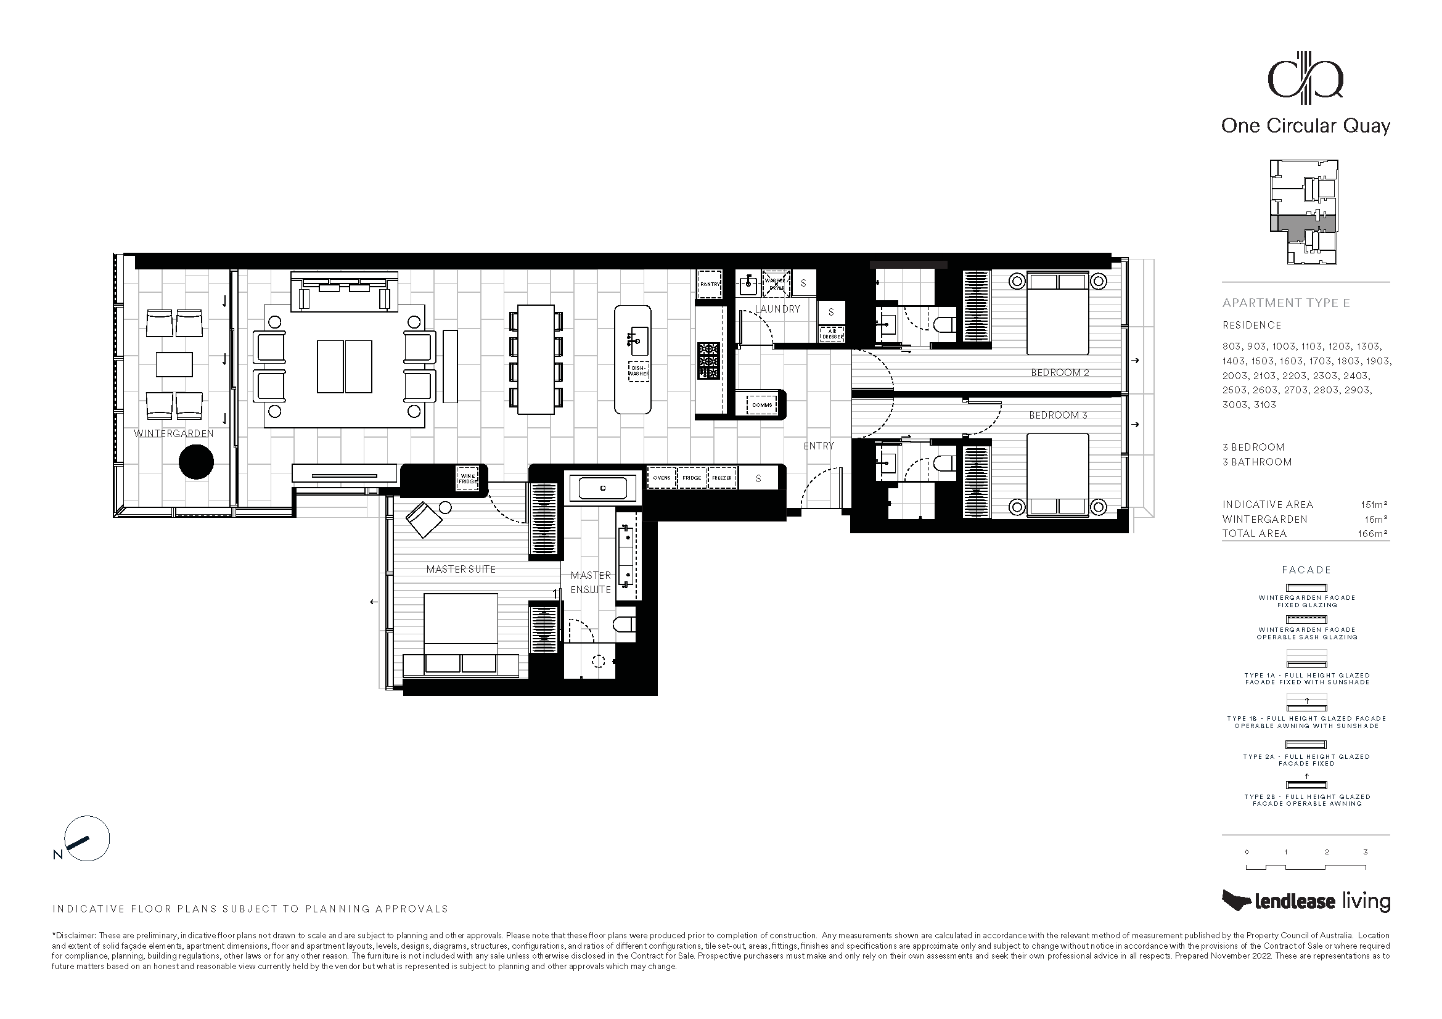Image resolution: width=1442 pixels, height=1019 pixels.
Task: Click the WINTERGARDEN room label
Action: (x=173, y=433)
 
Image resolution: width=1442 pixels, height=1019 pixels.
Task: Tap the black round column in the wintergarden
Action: (x=197, y=462)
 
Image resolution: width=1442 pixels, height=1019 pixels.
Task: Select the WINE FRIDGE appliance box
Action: (x=468, y=478)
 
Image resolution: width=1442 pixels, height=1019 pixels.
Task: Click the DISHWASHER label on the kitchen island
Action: (x=639, y=371)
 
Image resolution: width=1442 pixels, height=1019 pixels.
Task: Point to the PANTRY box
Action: (x=710, y=284)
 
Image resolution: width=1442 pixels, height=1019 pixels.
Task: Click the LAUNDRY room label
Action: (x=777, y=309)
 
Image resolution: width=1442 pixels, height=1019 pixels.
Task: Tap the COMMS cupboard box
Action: (x=762, y=405)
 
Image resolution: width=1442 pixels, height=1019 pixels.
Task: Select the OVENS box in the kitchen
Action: (x=662, y=478)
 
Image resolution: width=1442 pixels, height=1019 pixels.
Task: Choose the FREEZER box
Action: (x=722, y=478)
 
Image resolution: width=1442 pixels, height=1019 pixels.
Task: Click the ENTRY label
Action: (x=819, y=446)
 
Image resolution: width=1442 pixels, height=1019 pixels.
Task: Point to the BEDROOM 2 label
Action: (x=1060, y=372)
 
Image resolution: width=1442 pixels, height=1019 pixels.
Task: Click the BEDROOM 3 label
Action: (x=1059, y=415)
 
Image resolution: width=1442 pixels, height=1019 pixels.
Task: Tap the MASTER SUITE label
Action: (x=461, y=569)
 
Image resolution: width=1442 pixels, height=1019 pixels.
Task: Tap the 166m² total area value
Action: (x=1372, y=534)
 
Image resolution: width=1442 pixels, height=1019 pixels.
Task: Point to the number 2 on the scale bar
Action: (x=1327, y=852)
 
